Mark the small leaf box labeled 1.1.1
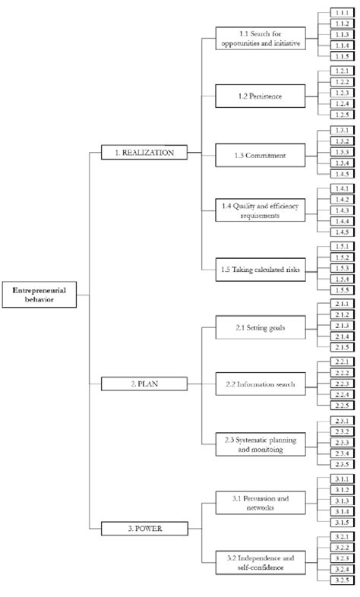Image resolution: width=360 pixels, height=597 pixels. click(341, 14)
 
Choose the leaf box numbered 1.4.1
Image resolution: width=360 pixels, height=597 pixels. click(341, 188)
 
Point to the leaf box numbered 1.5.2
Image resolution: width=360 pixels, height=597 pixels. click(341, 257)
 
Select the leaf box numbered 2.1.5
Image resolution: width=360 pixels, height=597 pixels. click(341, 346)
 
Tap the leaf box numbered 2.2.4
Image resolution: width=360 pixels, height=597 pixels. click(341, 395)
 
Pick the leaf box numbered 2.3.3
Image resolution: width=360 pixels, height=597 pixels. click(341, 443)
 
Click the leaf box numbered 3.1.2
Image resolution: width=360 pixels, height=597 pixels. click(341, 491)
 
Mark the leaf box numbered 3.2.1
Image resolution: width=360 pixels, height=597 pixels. click(341, 537)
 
